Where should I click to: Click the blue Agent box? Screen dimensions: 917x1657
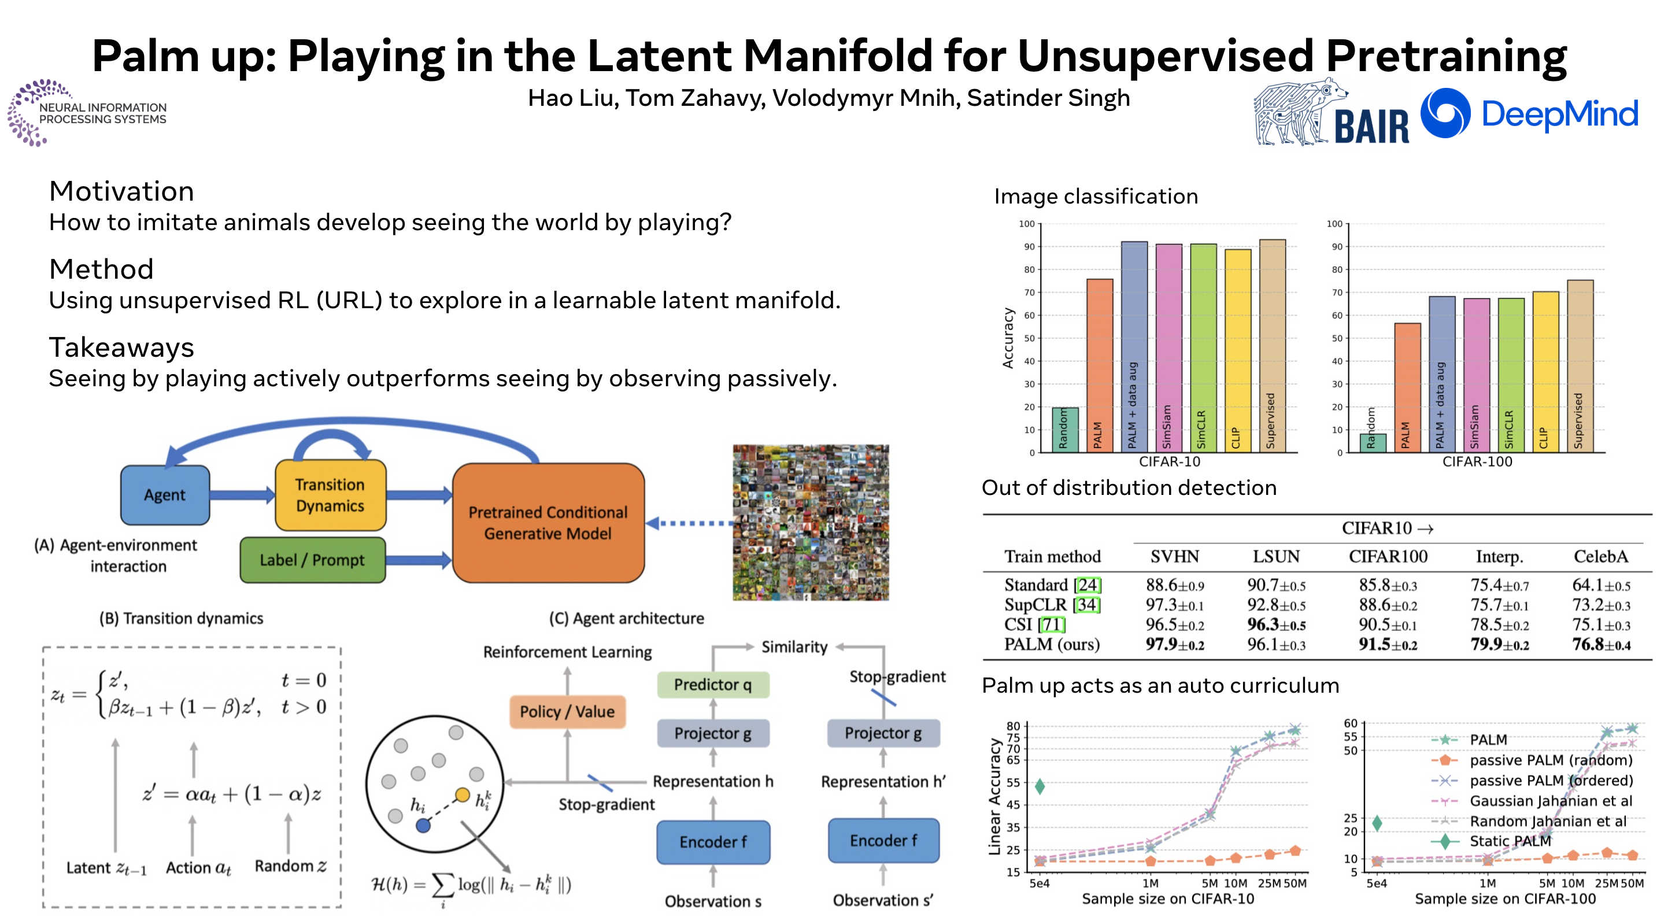pos(165,494)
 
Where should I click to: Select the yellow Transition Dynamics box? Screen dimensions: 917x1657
pos(330,494)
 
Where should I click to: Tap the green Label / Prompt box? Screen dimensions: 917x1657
pos(312,560)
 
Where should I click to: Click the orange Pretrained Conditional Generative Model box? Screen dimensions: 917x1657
pos(548,523)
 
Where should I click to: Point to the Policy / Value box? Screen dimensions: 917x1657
pos(567,711)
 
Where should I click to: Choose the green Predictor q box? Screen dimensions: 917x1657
pos(712,684)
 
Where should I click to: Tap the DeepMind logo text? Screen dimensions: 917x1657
pos(1559,114)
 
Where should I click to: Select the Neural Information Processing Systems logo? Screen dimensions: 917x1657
pos(87,113)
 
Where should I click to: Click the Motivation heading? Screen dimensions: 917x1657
pos(121,191)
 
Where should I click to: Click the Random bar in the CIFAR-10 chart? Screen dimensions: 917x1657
pos(1064,430)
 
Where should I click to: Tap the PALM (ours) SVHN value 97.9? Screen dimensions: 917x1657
pos(1174,644)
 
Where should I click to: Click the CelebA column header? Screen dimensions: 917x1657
pos(1600,556)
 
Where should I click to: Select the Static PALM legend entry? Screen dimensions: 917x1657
pos(1509,841)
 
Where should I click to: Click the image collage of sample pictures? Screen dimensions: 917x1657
pos(811,522)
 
